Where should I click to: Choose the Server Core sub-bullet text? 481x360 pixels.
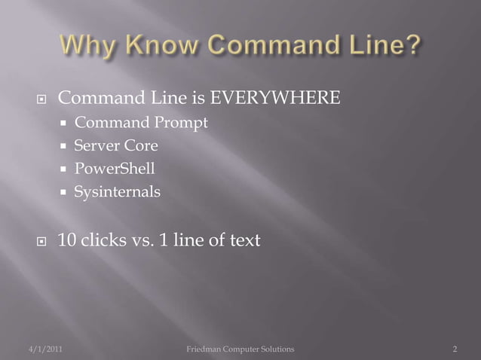(x=115, y=145)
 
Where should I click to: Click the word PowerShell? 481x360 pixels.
(x=115, y=169)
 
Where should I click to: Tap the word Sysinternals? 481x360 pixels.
(x=117, y=192)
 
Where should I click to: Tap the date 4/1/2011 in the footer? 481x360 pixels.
(x=35, y=349)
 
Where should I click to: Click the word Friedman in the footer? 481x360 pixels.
(x=205, y=349)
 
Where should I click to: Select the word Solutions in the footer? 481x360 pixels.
(x=275, y=349)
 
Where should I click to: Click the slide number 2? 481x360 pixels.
(x=455, y=349)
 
